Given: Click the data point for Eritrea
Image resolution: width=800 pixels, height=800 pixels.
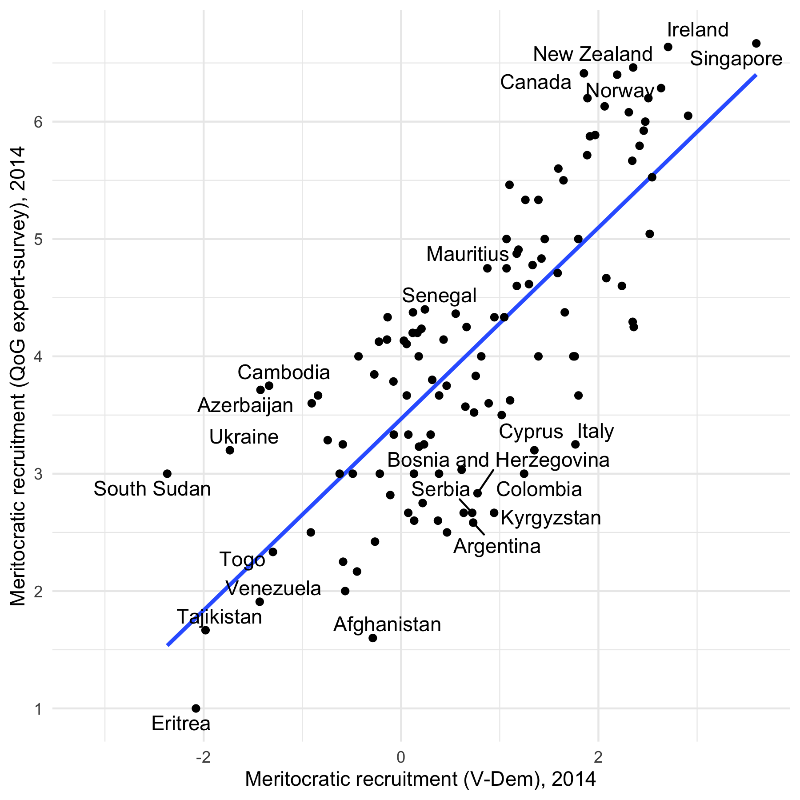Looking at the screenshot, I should pyautogui.click(x=196, y=708).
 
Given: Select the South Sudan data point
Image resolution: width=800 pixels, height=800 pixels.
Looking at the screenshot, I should pyautogui.click(x=167, y=473).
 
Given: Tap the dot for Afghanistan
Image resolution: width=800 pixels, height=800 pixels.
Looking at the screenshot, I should pyautogui.click(x=373, y=638).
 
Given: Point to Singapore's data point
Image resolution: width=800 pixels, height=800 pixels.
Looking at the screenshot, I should pyautogui.click(x=756, y=43).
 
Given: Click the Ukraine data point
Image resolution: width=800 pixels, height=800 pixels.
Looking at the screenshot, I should pyautogui.click(x=230, y=450).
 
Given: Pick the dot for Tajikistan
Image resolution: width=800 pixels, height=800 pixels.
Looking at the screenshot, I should pyautogui.click(x=205, y=630).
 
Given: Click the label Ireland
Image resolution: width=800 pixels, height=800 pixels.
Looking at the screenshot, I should pyautogui.click(x=698, y=30).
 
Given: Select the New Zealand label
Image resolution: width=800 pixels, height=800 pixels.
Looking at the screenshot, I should pyautogui.click(x=592, y=54).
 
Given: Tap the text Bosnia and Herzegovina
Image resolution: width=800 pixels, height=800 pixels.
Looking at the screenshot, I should pyautogui.click(x=498, y=460).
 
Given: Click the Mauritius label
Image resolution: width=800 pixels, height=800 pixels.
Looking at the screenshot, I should pyautogui.click(x=467, y=254).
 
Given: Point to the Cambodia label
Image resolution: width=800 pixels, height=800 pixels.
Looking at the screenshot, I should pyautogui.click(x=284, y=372).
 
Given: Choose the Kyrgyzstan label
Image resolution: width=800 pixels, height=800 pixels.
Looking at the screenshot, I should pyautogui.click(x=551, y=518).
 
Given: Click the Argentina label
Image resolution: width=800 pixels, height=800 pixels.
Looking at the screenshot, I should pyautogui.click(x=497, y=546).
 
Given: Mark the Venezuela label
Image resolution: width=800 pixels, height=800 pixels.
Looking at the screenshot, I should pyautogui.click(x=273, y=588).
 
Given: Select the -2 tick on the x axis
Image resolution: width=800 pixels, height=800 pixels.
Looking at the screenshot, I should pyautogui.click(x=203, y=756).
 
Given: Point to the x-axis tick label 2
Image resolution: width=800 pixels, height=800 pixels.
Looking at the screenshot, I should pyautogui.click(x=598, y=756).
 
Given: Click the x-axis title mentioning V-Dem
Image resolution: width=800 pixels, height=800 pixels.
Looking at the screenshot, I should pyautogui.click(x=420, y=779).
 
